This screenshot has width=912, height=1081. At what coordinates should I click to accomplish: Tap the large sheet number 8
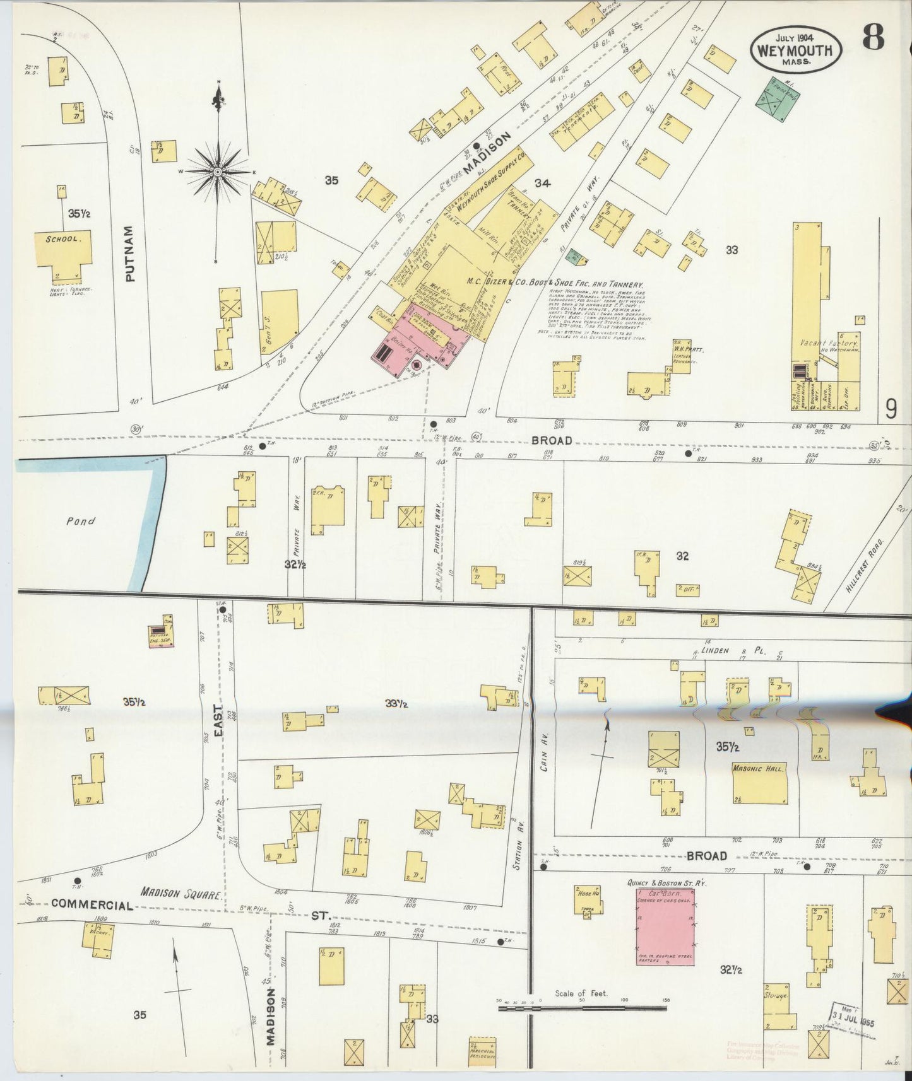(x=873, y=40)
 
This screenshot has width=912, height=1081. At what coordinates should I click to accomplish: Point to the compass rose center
(x=218, y=171)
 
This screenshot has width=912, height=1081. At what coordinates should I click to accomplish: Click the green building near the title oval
(x=774, y=99)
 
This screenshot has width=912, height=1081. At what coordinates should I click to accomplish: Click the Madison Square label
(x=181, y=894)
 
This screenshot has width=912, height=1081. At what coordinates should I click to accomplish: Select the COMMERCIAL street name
(x=92, y=904)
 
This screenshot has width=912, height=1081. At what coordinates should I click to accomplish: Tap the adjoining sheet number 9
(x=891, y=410)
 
